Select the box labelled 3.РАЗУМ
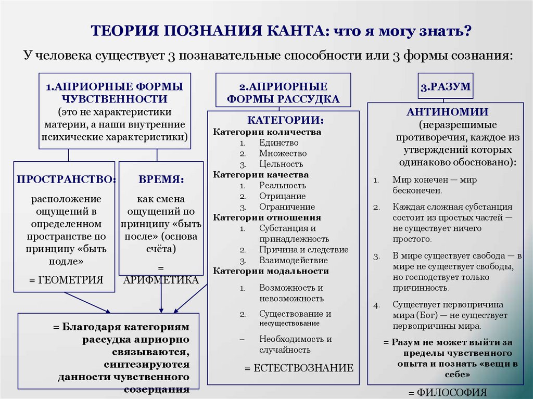pos(445,87)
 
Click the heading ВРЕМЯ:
pos(161,179)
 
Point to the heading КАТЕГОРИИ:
pos(285,120)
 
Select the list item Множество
pos(283,153)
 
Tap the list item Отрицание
pos(282,196)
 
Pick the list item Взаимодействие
pos(294,260)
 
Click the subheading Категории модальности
pos(271,271)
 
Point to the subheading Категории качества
pos(261,175)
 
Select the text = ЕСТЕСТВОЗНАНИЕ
pos(299,368)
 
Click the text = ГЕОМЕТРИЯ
pos(66,280)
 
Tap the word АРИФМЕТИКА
pos(161,280)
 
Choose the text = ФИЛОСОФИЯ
pos(447,393)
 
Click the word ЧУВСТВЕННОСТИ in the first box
pos(114,99)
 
